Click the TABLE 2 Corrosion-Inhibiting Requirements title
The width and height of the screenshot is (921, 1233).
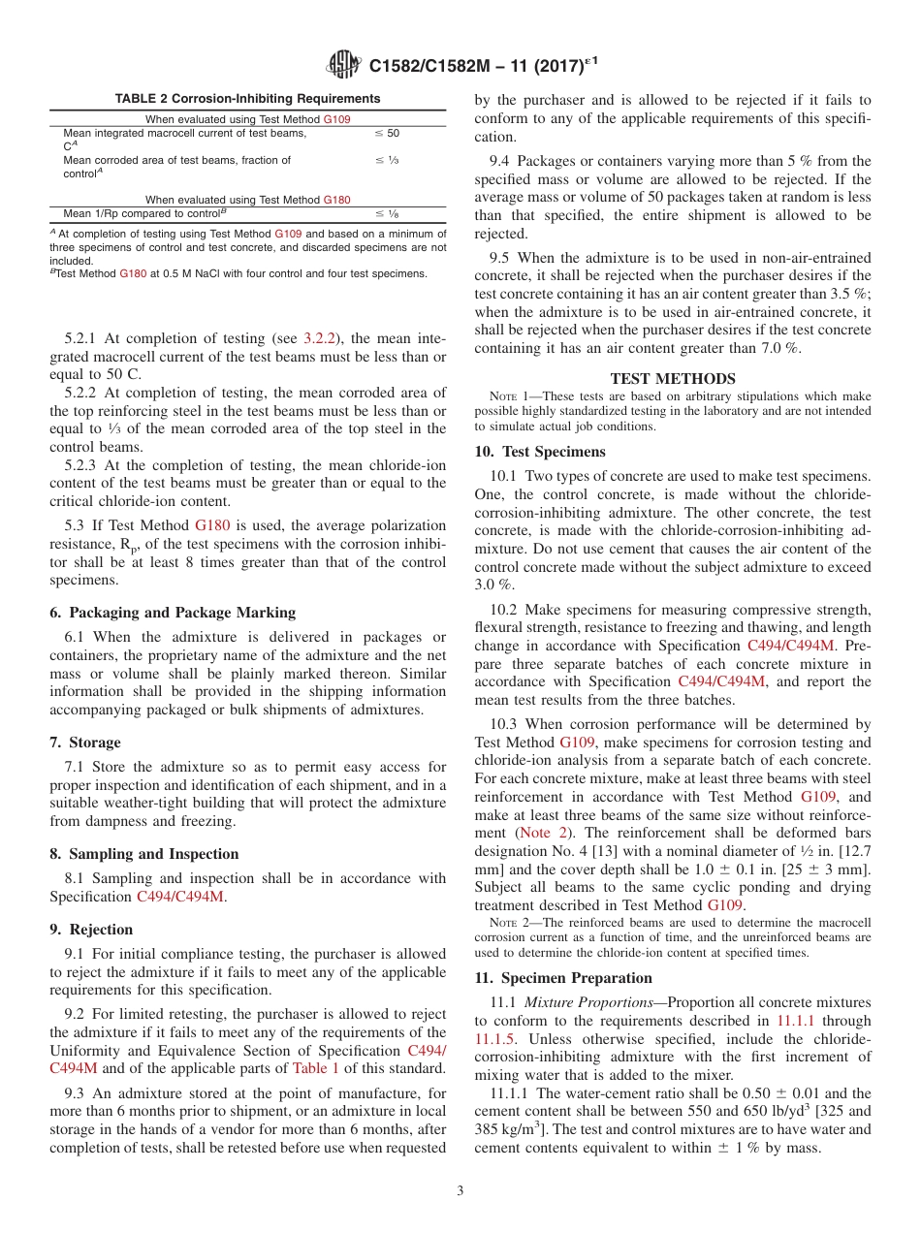247,99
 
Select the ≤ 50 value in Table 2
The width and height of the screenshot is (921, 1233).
387,133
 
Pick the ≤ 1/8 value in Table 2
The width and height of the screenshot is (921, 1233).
387,213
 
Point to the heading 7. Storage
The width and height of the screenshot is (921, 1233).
85,743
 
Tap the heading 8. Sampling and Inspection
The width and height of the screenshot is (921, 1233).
144,854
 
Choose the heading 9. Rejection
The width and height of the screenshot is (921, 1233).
91,930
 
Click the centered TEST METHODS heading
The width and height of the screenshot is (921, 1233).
673,379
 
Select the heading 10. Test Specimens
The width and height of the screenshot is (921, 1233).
540,452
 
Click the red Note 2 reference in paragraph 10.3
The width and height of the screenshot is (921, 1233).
536,833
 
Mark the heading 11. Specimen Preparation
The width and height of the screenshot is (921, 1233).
563,978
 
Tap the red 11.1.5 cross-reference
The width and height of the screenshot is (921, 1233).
496,1038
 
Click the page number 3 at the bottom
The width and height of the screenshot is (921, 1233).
460,1191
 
